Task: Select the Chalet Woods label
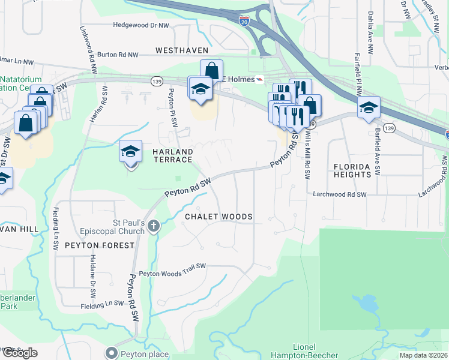point(218,216)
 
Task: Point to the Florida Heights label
point(354,170)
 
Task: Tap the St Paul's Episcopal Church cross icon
point(154,226)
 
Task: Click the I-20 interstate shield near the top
point(244,21)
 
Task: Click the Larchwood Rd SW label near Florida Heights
point(340,194)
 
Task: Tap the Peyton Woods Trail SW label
point(172,274)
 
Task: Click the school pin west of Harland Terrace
point(130,152)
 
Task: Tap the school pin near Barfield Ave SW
point(369,109)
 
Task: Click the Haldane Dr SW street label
point(93,283)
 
